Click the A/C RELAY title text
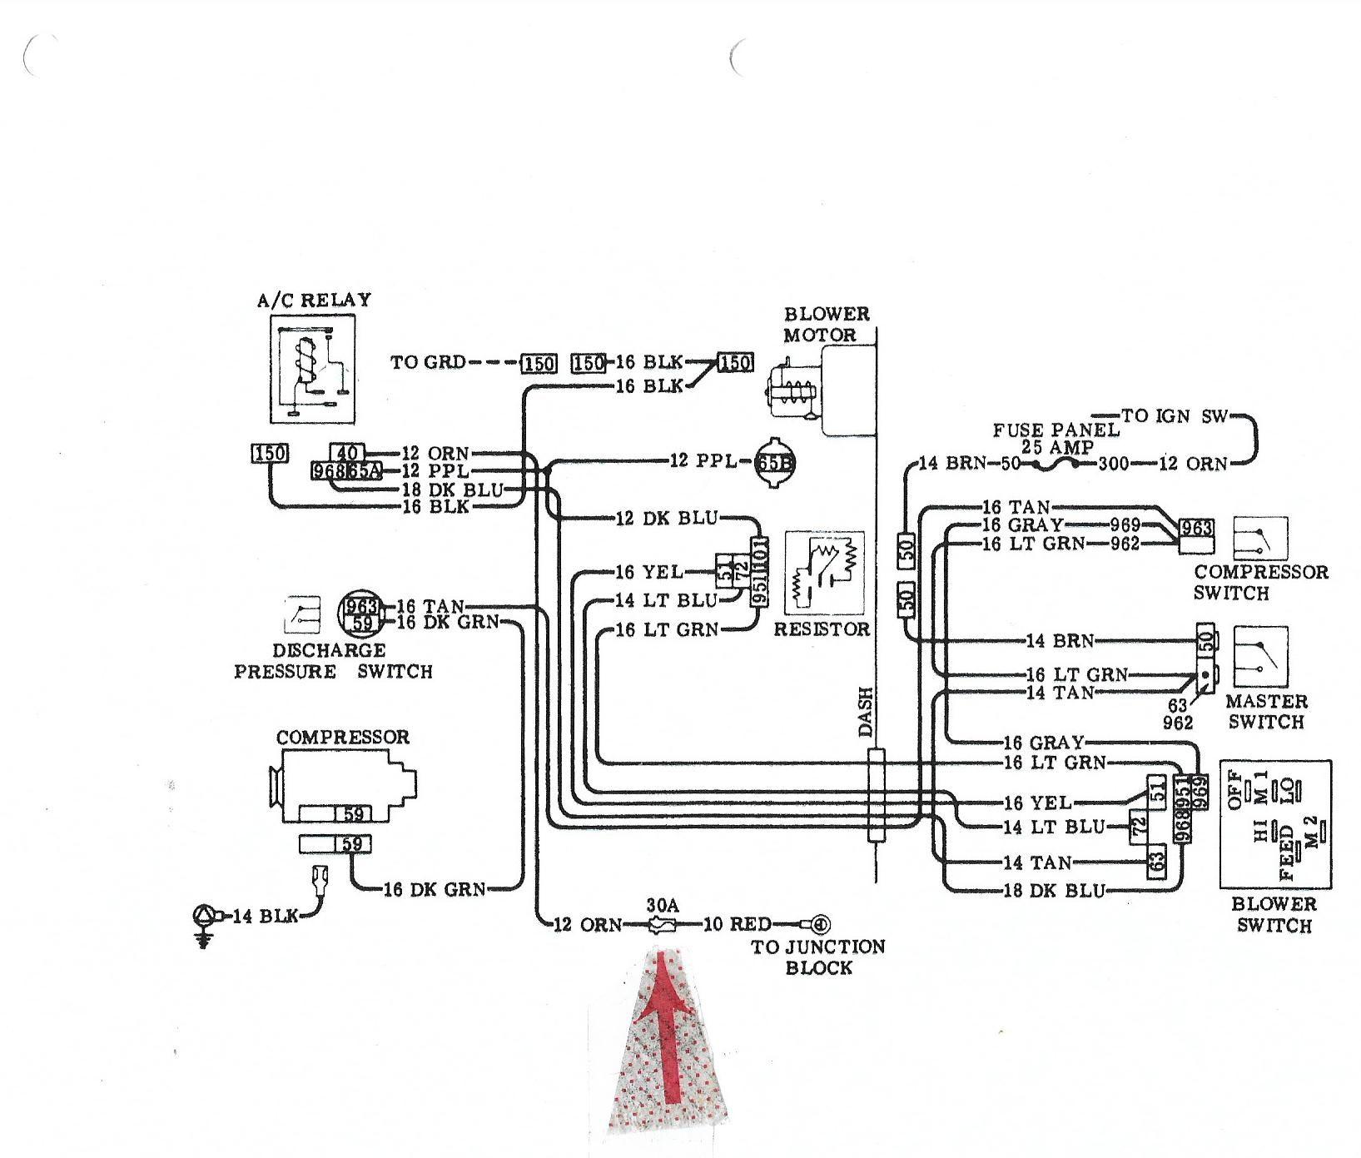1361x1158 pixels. tap(314, 300)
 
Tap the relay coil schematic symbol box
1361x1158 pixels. tap(313, 370)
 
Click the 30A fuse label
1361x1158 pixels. tap(663, 904)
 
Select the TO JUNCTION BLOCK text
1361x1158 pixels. tap(818, 957)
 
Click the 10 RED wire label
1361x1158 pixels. tap(738, 924)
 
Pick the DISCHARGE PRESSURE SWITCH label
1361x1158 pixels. tap(333, 661)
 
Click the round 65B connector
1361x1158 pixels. tap(775, 462)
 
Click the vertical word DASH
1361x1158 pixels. tap(867, 711)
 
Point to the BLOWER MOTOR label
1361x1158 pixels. tap(826, 325)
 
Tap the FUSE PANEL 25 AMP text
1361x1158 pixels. tap(1056, 438)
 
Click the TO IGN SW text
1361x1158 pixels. tap(1175, 415)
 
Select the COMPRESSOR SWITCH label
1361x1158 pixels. tap(1260, 583)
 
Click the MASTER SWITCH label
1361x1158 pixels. tap(1266, 712)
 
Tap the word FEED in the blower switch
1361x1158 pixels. tap(1287, 852)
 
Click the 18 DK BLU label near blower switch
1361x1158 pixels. tap(1054, 890)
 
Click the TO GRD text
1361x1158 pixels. tap(428, 363)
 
